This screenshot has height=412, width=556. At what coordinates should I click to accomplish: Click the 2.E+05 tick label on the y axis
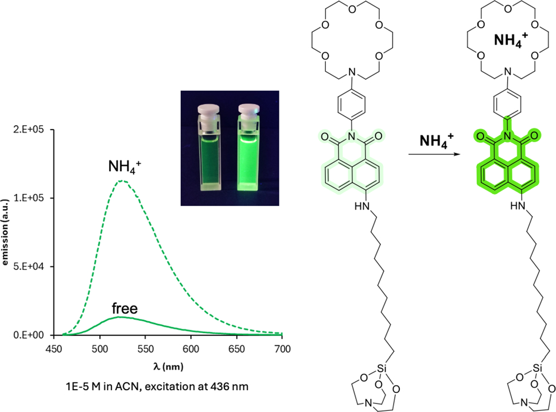coord(29,130)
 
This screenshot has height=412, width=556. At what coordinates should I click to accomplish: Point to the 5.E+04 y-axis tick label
coord(29,266)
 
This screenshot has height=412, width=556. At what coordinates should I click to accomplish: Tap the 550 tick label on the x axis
coord(145,349)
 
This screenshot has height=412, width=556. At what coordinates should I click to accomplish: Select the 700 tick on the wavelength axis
coord(282,349)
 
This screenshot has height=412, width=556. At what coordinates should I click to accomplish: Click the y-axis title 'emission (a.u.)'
coord(5,232)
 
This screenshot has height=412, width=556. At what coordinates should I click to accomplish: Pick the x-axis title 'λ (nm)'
coord(168,366)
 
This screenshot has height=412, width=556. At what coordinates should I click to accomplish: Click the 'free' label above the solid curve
coord(125,309)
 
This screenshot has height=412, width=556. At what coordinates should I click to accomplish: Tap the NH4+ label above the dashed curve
coord(125,166)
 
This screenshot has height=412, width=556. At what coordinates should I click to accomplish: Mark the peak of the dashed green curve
coord(122,181)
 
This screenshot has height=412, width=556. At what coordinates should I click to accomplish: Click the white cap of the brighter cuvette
coord(248,110)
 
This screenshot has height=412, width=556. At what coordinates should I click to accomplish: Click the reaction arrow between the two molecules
coord(434,154)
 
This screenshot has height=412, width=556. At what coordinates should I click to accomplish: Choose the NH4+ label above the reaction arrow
coord(436,141)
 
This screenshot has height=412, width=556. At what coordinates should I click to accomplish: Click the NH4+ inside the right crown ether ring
coord(511,40)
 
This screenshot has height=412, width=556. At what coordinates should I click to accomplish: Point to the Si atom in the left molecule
coord(381,368)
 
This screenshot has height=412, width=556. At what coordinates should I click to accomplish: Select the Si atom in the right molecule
coord(537,368)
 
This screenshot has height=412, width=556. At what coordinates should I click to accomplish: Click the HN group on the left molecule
coord(361,206)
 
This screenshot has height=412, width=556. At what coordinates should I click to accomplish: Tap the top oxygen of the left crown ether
coord(352,9)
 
